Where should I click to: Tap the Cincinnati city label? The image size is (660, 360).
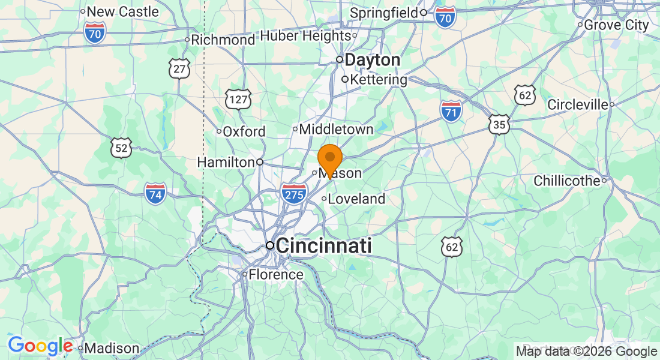coord(323,245)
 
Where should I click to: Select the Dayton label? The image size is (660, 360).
coord(372,60)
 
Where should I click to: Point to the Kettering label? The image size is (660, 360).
coord(378,79)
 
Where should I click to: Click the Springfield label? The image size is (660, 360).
coord(384,12)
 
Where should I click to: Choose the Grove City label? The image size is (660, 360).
coord(616,25)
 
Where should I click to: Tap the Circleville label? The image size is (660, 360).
coord(578,104)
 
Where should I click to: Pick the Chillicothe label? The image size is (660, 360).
coord(567,181)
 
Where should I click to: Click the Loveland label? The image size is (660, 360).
coord(356,199)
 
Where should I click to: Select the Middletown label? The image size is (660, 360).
coord(336,129)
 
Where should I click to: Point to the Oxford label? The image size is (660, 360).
coord(244,131)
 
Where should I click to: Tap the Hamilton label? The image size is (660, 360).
coord(226,162)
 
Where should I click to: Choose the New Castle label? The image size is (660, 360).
coord(123,11)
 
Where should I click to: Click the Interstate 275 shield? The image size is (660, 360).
coord(294,194)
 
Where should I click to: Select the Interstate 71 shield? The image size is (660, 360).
coord(451,111)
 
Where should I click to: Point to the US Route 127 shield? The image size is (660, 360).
coord(238,99)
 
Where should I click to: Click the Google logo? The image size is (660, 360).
coord(40,346)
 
